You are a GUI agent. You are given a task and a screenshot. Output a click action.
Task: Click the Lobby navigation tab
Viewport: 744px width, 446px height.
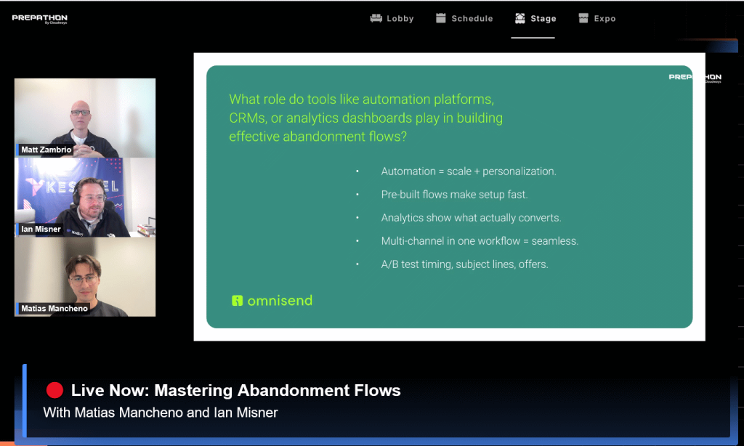pyautogui.click(x=392, y=18)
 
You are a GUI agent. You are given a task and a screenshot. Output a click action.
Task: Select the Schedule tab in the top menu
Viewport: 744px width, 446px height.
pyautogui.click(x=464, y=18)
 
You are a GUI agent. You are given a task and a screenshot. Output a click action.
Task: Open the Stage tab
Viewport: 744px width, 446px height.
pyautogui.click(x=535, y=18)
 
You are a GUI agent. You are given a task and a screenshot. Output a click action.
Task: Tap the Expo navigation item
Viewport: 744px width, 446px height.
pyautogui.click(x=597, y=18)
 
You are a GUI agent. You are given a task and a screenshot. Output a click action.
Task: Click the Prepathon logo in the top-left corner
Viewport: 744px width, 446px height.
pyautogui.click(x=39, y=18)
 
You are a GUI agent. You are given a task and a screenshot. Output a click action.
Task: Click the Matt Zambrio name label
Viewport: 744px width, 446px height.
pyautogui.click(x=46, y=150)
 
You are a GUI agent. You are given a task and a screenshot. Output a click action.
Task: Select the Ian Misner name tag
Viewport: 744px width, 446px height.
pyautogui.click(x=41, y=229)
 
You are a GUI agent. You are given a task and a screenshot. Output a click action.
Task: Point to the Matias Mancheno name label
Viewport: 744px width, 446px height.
pyautogui.click(x=54, y=309)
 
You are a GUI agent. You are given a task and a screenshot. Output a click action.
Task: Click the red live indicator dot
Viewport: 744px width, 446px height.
pyautogui.click(x=54, y=390)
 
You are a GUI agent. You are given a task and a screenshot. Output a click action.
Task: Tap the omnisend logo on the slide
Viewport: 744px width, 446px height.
pyautogui.click(x=272, y=300)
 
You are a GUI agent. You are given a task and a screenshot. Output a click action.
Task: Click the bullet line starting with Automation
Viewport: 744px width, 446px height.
pyautogui.click(x=469, y=171)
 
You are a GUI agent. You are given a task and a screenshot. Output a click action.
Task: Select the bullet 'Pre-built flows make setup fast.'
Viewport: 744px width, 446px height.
pyautogui.click(x=454, y=195)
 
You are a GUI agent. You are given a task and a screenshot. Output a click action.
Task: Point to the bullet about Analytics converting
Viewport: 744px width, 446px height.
pyautogui.click(x=471, y=218)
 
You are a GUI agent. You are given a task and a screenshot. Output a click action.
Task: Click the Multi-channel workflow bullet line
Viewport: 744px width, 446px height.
pyautogui.click(x=480, y=241)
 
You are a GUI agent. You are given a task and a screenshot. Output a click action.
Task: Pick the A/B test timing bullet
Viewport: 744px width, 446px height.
pyautogui.click(x=464, y=264)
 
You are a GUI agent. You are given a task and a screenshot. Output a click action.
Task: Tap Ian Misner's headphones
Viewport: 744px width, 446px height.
pyautogui.click(x=76, y=195)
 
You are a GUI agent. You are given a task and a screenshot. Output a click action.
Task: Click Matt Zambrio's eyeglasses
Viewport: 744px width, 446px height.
pyautogui.click(x=80, y=113)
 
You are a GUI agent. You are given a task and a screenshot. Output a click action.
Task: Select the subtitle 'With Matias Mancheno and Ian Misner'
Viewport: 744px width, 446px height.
pyautogui.click(x=161, y=413)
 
